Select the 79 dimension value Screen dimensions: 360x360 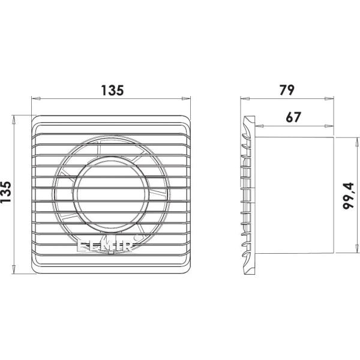(x=287, y=90)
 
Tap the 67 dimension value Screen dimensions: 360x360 (x=293, y=117)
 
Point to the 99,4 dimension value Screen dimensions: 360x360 (x=348, y=196)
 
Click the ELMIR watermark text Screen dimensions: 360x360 (x=105, y=245)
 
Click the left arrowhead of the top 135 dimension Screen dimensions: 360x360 (x=36, y=98)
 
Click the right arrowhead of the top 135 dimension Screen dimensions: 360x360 (x=186, y=98)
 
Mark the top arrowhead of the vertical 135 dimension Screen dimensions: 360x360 (x=14, y=119)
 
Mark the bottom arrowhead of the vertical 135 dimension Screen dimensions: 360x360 (x=14, y=269)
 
